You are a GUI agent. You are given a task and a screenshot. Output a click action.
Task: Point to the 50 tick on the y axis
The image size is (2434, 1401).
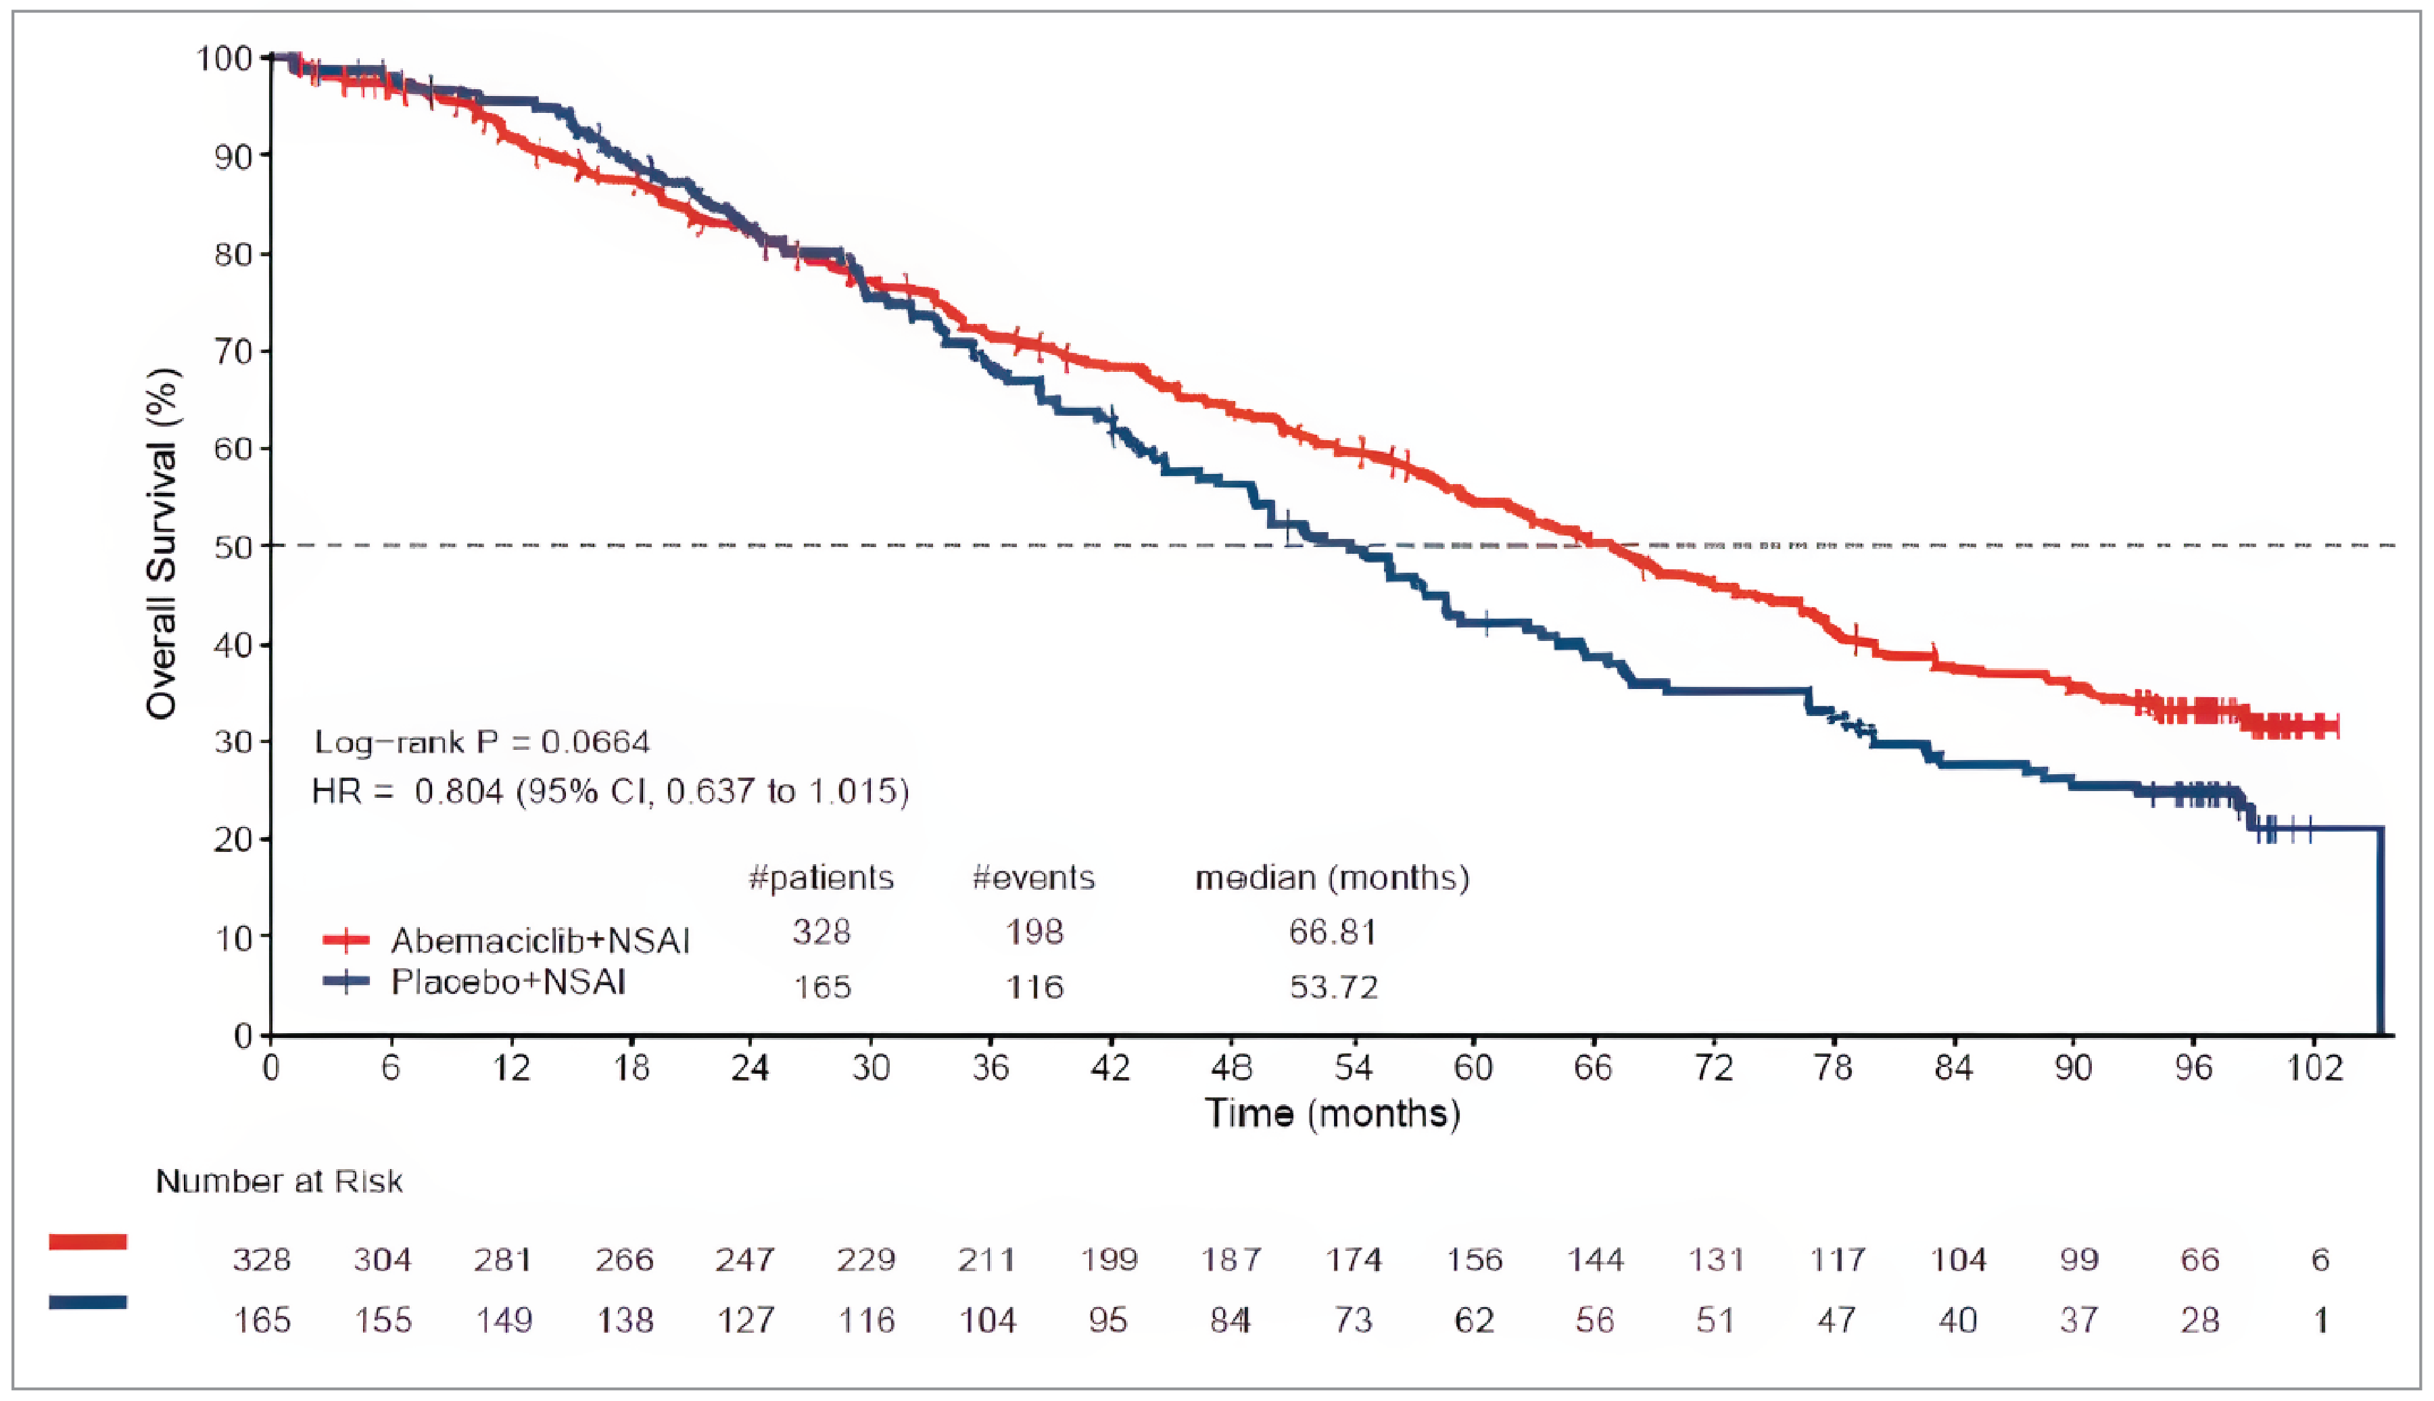(232, 546)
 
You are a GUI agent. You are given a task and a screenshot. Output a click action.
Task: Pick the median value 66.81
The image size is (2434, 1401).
(1333, 932)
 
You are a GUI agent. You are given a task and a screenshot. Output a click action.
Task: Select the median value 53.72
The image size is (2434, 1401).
(1333, 987)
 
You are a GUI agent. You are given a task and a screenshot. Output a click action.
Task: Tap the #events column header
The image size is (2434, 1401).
(1033, 878)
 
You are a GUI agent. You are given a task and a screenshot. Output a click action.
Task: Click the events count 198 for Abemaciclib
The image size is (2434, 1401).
(1034, 932)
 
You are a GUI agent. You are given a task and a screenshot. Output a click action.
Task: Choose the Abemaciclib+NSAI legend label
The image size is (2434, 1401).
(540, 940)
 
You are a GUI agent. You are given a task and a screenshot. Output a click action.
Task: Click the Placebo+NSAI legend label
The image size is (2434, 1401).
(508, 982)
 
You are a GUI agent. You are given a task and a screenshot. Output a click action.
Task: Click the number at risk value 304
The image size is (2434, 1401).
(383, 1260)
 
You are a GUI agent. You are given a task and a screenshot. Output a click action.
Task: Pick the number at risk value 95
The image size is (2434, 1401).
(1108, 1320)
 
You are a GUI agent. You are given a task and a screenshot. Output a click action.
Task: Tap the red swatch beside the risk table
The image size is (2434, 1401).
(87, 1241)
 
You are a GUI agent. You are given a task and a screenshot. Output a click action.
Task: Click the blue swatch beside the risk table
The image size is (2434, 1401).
(87, 1302)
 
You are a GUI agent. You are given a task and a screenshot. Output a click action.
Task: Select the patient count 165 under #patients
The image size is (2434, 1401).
(823, 987)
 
